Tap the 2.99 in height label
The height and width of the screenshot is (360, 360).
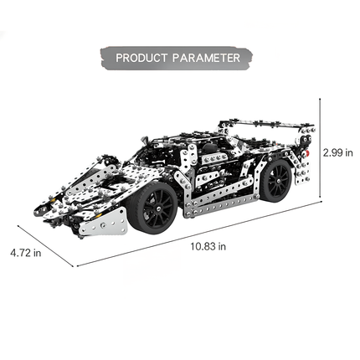coord(338,152)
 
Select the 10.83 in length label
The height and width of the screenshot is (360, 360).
coord(208,246)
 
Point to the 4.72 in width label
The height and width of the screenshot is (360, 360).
coord(25,252)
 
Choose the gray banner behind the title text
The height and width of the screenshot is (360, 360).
coord(176,59)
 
